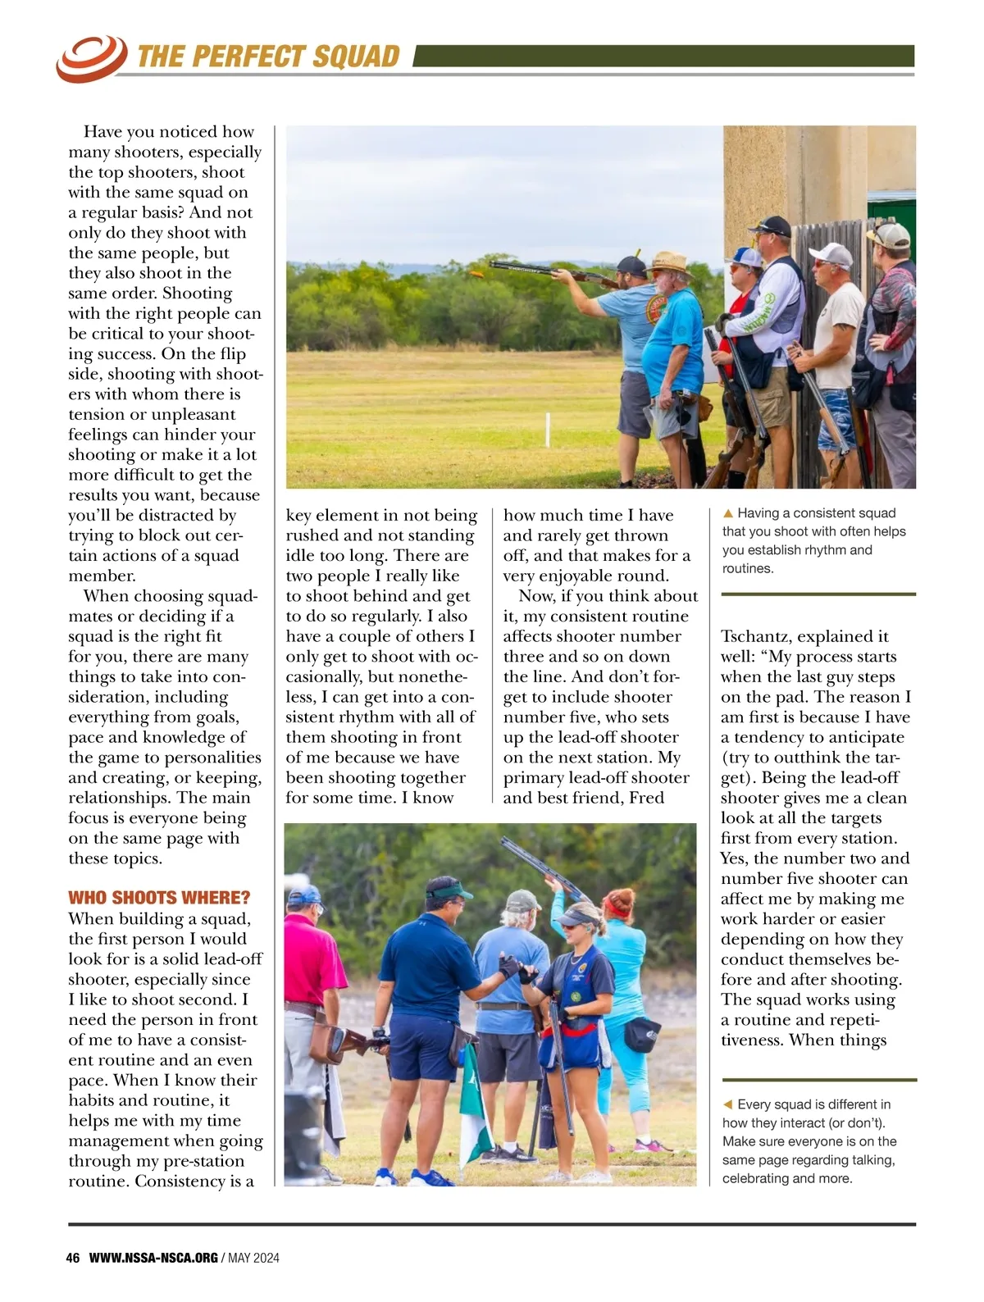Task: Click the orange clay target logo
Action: coord(90,57)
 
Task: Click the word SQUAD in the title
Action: coord(356,56)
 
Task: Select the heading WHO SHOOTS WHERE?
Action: coord(159,897)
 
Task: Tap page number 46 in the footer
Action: coord(72,1258)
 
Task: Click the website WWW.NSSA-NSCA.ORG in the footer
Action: coord(153,1258)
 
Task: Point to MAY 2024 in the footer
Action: coord(253,1258)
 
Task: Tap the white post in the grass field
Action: coord(547,430)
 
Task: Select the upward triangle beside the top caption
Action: coord(727,513)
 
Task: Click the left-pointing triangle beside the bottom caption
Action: coord(727,1104)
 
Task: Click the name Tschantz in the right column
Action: coord(755,636)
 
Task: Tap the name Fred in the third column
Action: coord(646,798)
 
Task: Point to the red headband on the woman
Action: coord(617,907)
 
